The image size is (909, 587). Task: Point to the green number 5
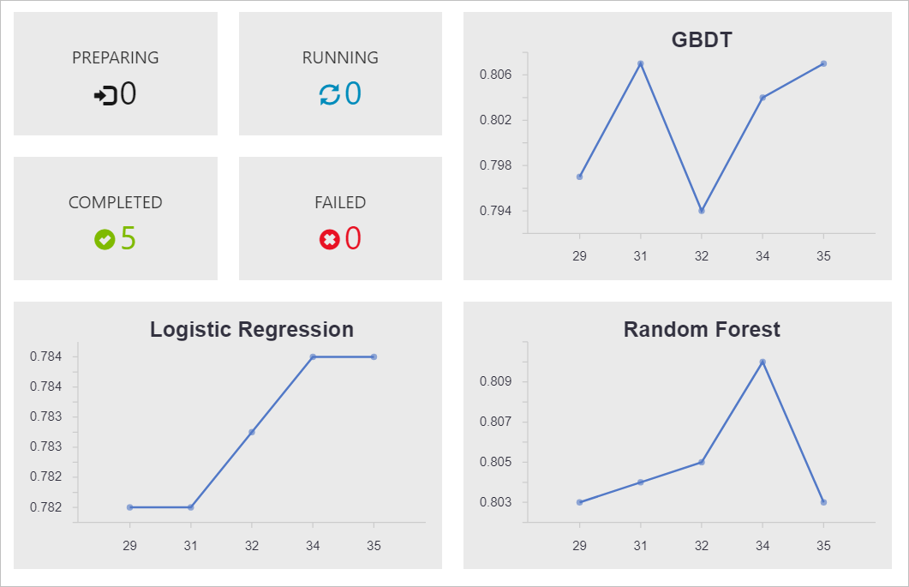pos(128,238)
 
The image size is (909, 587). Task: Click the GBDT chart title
pos(702,40)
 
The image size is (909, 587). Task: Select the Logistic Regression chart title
pos(252,329)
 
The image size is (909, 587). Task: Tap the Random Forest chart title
pos(702,329)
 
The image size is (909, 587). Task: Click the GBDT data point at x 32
pos(702,211)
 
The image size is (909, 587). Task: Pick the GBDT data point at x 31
pos(640,63)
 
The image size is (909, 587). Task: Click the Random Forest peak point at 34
pos(762,362)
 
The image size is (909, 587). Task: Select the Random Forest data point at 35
pos(823,502)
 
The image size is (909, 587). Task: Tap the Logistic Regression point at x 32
pos(252,432)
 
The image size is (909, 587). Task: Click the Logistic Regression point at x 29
pos(129,507)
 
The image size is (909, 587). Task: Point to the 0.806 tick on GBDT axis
pos(496,75)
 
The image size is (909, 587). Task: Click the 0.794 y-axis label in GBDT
pos(496,211)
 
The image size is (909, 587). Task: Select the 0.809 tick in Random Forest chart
pos(496,381)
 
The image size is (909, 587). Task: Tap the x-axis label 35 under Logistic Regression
pos(374,546)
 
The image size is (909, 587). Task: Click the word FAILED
pos(340,203)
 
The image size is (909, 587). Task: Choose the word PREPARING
pos(116,58)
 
